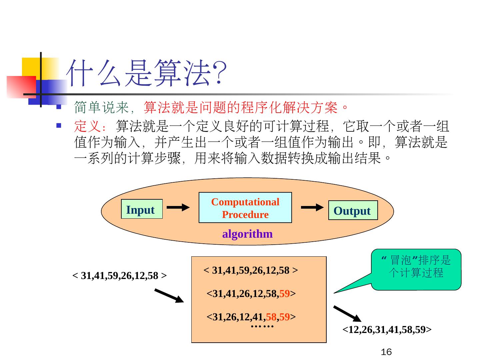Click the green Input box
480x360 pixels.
(142, 209)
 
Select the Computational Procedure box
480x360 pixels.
(245, 208)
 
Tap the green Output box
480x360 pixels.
(353, 210)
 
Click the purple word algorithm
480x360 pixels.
(247, 234)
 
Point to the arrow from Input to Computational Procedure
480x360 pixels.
(178, 208)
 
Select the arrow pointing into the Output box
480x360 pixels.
(312, 207)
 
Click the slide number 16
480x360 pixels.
(386, 352)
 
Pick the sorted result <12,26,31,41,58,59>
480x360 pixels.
(387, 330)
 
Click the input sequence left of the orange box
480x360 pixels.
(119, 276)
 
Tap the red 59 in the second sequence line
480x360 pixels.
(284, 294)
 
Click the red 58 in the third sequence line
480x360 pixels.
(271, 316)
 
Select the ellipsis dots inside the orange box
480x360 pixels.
(262, 326)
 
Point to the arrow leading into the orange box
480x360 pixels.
(169, 296)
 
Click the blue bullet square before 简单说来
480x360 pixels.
(58, 107)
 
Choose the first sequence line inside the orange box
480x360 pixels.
(251, 270)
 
